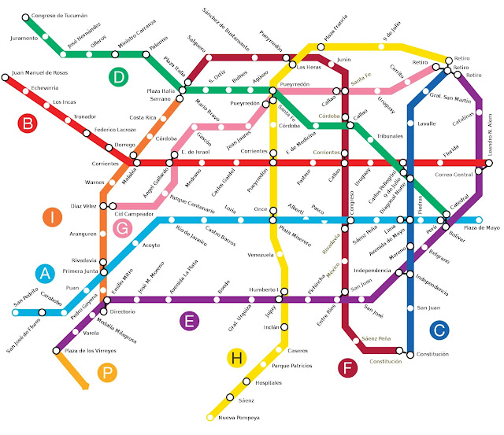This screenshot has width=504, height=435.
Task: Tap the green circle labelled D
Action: (x=118, y=76)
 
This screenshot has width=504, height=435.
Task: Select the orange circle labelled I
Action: (x=50, y=218)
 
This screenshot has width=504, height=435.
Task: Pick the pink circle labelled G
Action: (x=122, y=228)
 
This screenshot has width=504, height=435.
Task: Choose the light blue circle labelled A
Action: (x=46, y=273)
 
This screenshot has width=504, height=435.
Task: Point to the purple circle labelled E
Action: (x=187, y=319)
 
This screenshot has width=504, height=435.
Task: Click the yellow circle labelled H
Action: (x=235, y=358)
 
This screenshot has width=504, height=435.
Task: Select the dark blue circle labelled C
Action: (x=439, y=330)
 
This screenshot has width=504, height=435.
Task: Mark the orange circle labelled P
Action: (x=108, y=374)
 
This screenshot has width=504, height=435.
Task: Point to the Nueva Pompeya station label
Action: (x=239, y=417)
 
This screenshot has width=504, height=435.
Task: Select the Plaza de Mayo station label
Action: (x=481, y=227)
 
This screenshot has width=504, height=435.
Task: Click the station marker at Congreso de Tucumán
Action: (x=25, y=17)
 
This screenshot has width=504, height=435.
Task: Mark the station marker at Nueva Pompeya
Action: (x=210, y=415)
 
